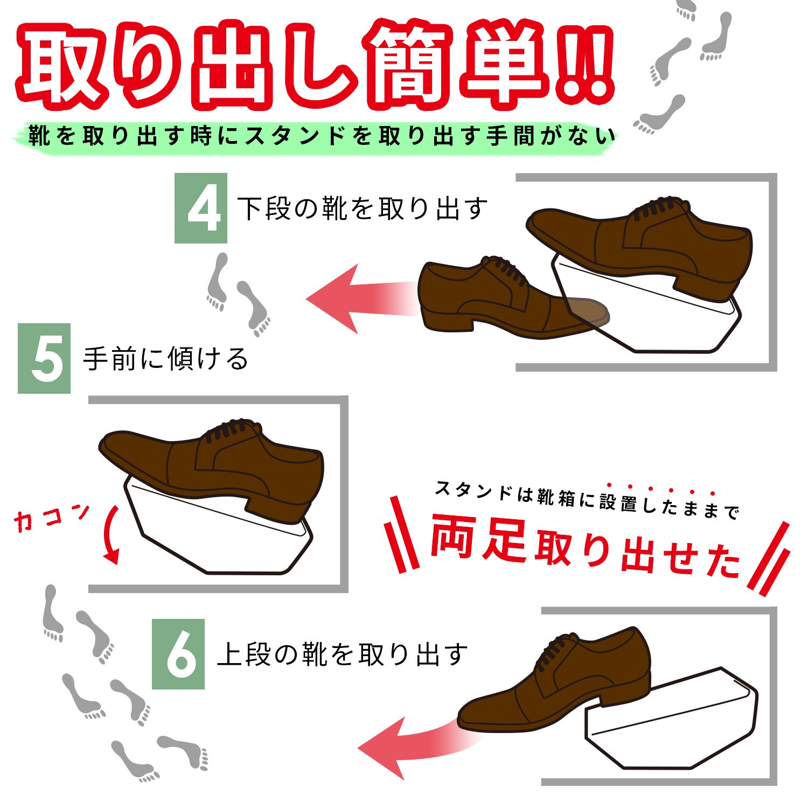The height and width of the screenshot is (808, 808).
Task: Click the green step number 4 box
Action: coord(201,208)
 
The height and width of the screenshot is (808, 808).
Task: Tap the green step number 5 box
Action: coord(44,358)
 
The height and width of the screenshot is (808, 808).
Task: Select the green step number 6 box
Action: coord(178,654)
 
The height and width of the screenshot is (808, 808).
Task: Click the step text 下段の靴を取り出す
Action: coord(363,209)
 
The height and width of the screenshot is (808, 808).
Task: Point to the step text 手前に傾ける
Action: coord(166,359)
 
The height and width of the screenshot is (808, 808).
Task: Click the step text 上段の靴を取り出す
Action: coord(342,654)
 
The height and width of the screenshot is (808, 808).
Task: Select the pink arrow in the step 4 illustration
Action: coord(361,299)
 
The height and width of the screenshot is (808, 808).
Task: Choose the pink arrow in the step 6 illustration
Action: coord(415,746)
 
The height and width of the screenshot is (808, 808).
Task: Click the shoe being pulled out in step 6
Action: coord(555,681)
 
